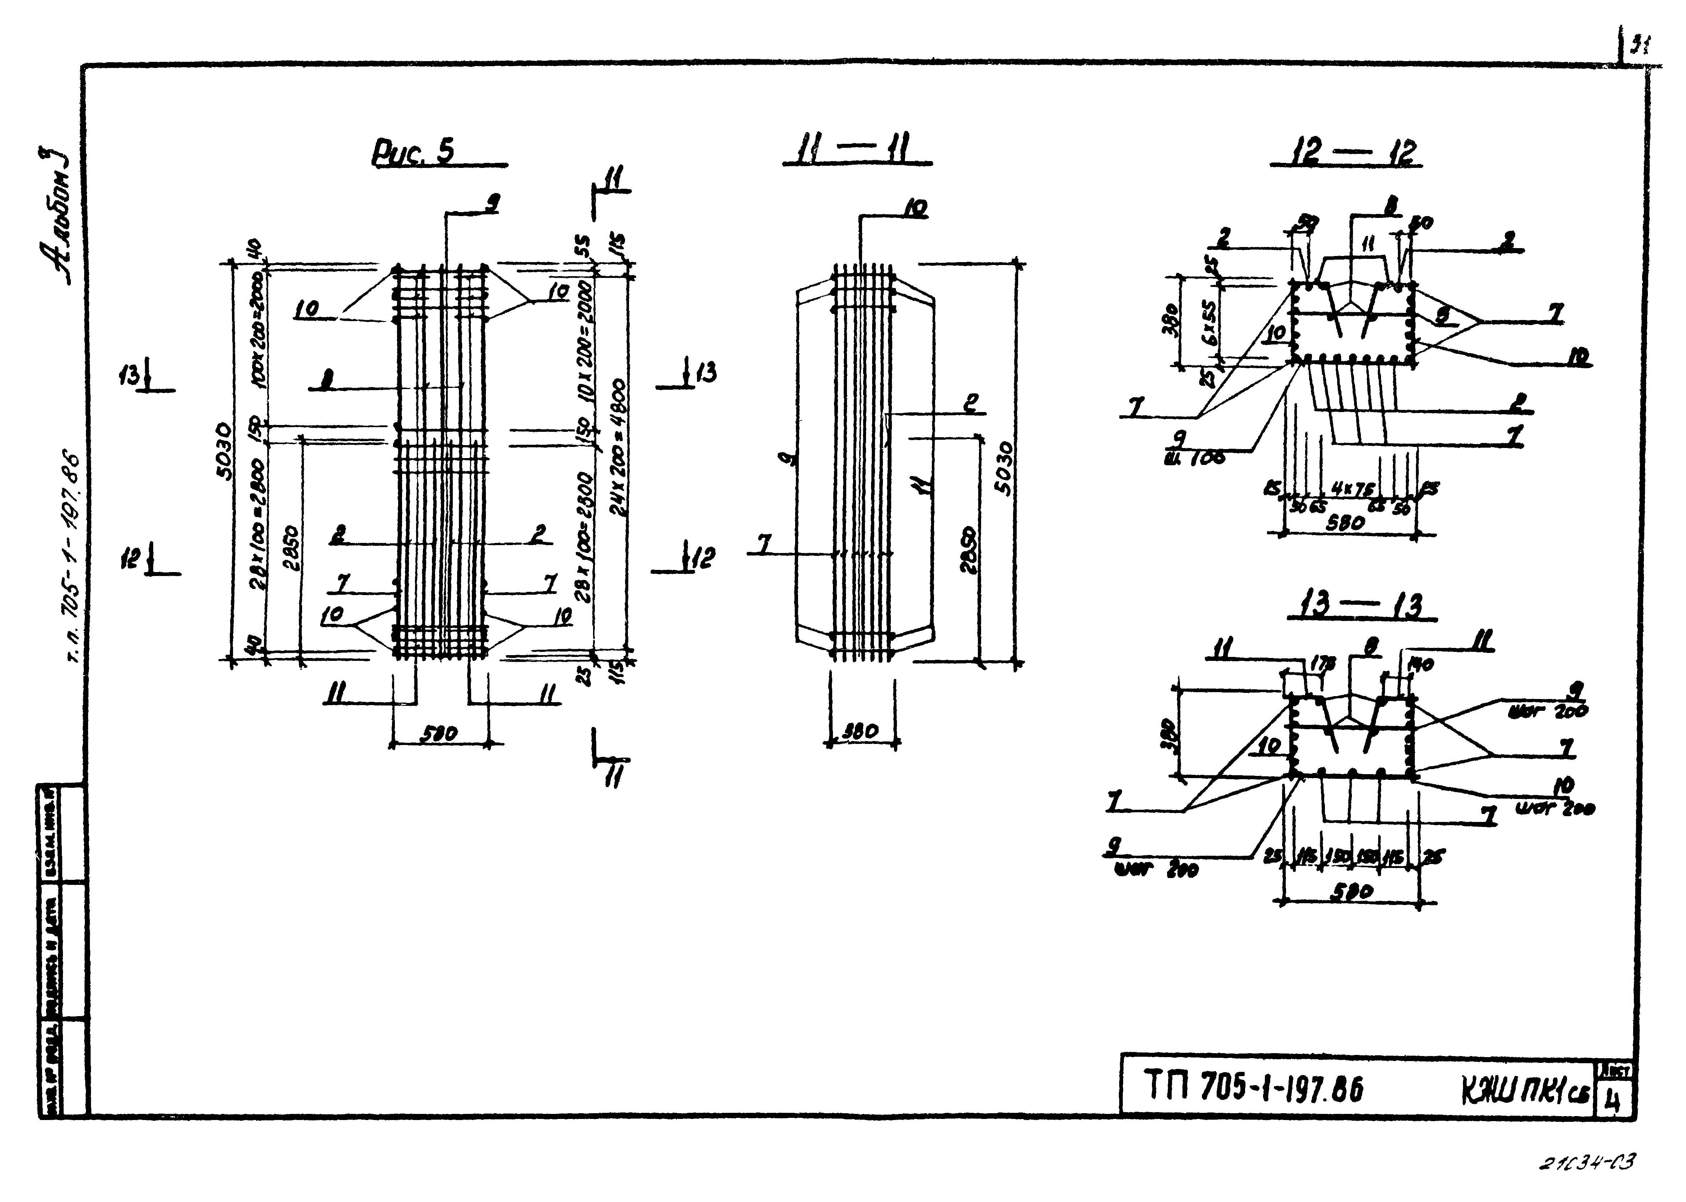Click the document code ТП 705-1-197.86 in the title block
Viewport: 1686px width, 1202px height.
pos(1254,1089)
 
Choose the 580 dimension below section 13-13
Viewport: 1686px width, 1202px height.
pos(1352,892)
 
